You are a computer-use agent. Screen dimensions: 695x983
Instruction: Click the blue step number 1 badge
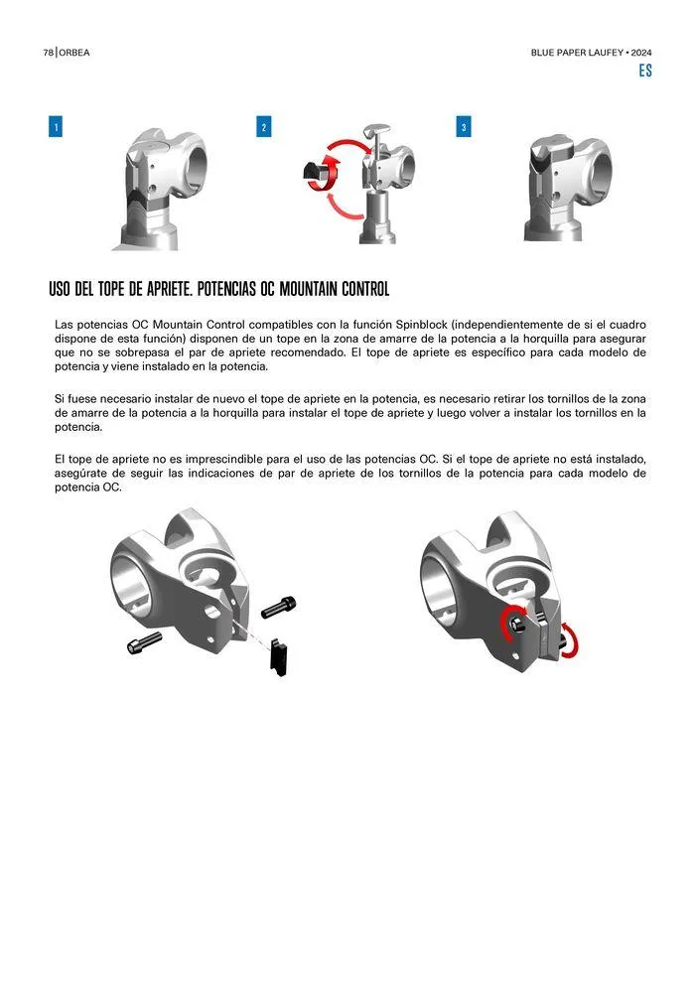click(x=56, y=127)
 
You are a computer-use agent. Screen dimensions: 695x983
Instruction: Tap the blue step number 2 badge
click(x=264, y=127)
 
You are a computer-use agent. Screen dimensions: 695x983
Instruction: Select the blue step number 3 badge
click(x=463, y=127)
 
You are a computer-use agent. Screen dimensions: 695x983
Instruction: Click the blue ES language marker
click(x=645, y=70)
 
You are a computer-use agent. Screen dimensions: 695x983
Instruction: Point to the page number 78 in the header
click(x=49, y=53)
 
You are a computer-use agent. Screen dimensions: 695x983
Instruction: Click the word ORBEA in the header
click(x=74, y=53)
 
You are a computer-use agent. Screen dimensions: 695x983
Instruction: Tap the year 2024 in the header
click(x=641, y=53)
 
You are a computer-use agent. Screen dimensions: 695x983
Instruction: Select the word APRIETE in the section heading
click(x=170, y=289)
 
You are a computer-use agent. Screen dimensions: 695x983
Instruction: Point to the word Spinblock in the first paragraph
click(x=422, y=325)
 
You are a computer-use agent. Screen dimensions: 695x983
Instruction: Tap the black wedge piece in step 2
click(x=316, y=174)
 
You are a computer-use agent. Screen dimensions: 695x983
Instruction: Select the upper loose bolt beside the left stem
click(x=278, y=607)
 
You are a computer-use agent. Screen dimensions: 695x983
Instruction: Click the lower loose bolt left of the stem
click(x=144, y=642)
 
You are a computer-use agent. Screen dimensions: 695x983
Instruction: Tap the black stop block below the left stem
click(x=280, y=657)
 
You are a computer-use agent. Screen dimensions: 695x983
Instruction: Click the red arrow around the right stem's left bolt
click(x=509, y=622)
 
